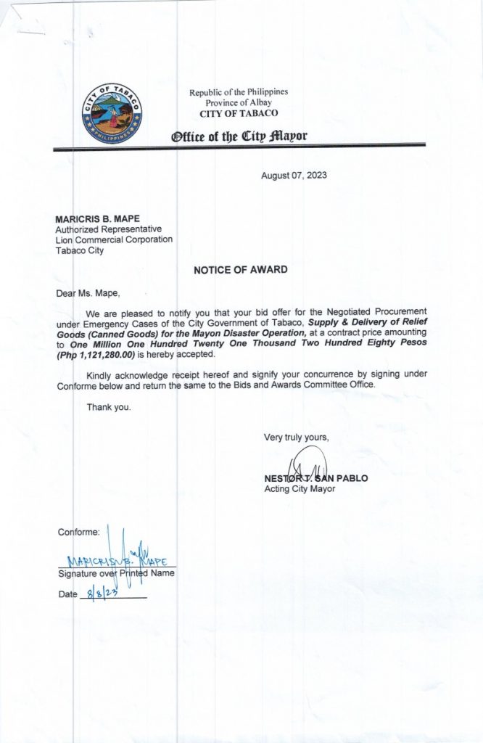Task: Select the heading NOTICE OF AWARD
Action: [241, 270]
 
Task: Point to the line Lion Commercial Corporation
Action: [114, 240]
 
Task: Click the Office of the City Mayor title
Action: [239, 136]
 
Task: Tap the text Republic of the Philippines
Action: [239, 92]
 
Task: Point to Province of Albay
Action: [239, 103]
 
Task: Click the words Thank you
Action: [109, 407]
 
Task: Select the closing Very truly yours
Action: [297, 437]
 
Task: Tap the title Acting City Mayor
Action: [300, 489]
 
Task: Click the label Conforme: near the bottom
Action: [78, 533]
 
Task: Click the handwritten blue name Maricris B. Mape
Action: [116, 560]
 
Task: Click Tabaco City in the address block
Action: [79, 251]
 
